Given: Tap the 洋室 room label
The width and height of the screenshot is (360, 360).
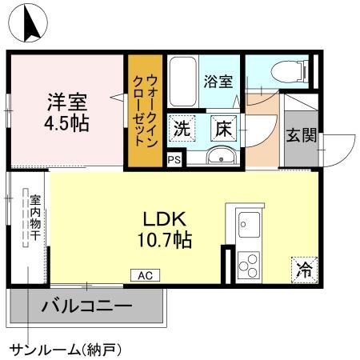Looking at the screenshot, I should pos(66,103).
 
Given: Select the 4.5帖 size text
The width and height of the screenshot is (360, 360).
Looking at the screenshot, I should pos(66,124).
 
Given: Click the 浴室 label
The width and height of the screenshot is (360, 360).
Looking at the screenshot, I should pos(218,82).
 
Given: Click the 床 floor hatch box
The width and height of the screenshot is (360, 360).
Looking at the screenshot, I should pos(222,126).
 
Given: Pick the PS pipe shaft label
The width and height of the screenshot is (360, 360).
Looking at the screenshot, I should pos(173,159).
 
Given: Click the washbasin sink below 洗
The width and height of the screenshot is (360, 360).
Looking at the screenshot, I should pos(218,155).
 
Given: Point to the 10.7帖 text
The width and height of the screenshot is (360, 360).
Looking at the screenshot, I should pos(166,238).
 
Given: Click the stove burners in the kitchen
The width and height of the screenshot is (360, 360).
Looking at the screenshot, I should pos(247,263).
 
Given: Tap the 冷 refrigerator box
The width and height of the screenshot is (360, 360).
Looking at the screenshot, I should pos(302,270).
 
